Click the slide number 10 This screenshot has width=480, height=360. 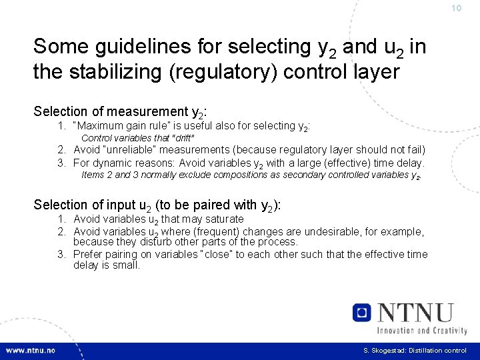(456, 9)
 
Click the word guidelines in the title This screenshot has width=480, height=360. (139, 47)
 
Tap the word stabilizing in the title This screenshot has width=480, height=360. (113, 71)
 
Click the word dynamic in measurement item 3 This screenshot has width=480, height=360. (109, 163)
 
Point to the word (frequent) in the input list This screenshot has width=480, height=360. (219, 232)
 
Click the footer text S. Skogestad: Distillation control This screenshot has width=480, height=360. (415, 351)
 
